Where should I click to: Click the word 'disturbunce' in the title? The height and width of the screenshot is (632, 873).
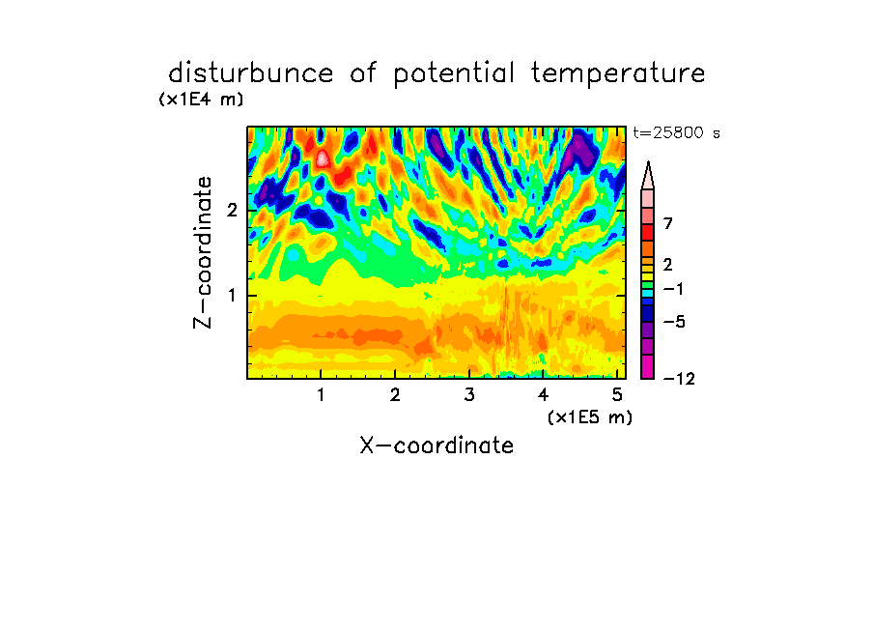[251, 72]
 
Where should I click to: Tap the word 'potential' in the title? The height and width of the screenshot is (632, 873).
[454, 73]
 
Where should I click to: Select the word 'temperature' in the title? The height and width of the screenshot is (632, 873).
[618, 73]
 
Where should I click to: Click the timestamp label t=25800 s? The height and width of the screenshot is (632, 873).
[676, 133]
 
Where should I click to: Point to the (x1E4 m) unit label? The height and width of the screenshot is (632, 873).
[201, 100]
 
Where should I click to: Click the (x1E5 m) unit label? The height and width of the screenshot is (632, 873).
[590, 417]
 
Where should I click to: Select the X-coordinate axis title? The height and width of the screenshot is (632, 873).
[436, 445]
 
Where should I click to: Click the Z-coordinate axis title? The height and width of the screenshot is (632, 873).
[203, 252]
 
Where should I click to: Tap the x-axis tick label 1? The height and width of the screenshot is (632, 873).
[322, 395]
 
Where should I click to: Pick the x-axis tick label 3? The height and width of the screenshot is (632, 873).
[469, 395]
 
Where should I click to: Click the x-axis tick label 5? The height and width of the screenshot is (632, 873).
[617, 395]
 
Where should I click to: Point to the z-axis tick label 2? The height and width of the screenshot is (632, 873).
[232, 211]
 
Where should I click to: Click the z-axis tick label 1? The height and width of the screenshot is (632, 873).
[232, 296]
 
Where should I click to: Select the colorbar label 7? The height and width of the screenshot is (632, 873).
[668, 224]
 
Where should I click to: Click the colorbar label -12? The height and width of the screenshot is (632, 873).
[679, 379]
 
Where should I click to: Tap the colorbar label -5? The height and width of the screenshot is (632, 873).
[674, 322]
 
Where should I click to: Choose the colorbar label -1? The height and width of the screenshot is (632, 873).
[673, 289]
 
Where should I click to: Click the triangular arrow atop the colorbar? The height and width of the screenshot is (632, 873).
[648, 175]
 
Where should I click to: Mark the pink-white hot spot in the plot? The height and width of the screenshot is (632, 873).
[323, 158]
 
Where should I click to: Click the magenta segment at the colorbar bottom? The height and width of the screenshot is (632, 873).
[648, 366]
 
